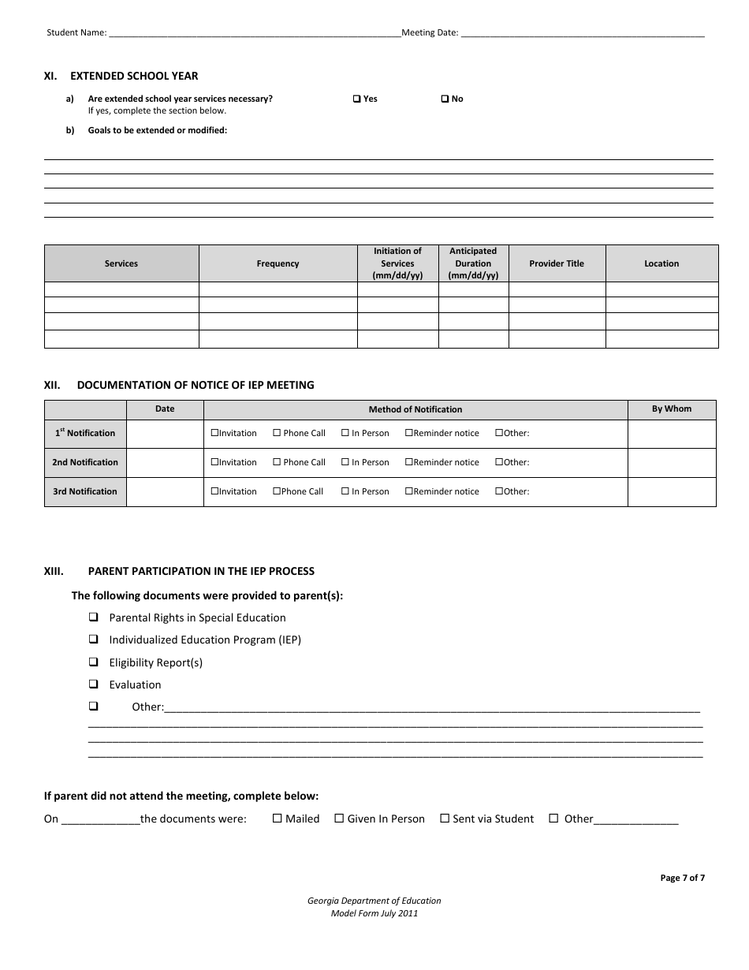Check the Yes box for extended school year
point(356,99)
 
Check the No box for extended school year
point(445,99)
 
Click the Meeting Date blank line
point(582,34)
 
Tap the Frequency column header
point(278,263)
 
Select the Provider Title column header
point(557,263)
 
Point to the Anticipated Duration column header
point(473,263)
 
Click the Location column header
point(661,263)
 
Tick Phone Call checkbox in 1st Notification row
point(277,433)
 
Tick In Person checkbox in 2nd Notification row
point(345,462)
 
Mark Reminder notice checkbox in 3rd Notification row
point(409,491)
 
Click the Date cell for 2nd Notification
point(165,462)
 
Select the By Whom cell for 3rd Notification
point(672,491)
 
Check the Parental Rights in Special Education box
point(94,617)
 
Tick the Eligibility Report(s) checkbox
point(94,662)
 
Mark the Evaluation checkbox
point(94,684)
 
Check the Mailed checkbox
point(277,819)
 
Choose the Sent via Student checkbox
point(445,819)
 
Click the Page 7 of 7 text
point(682,878)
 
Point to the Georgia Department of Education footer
point(374,901)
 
